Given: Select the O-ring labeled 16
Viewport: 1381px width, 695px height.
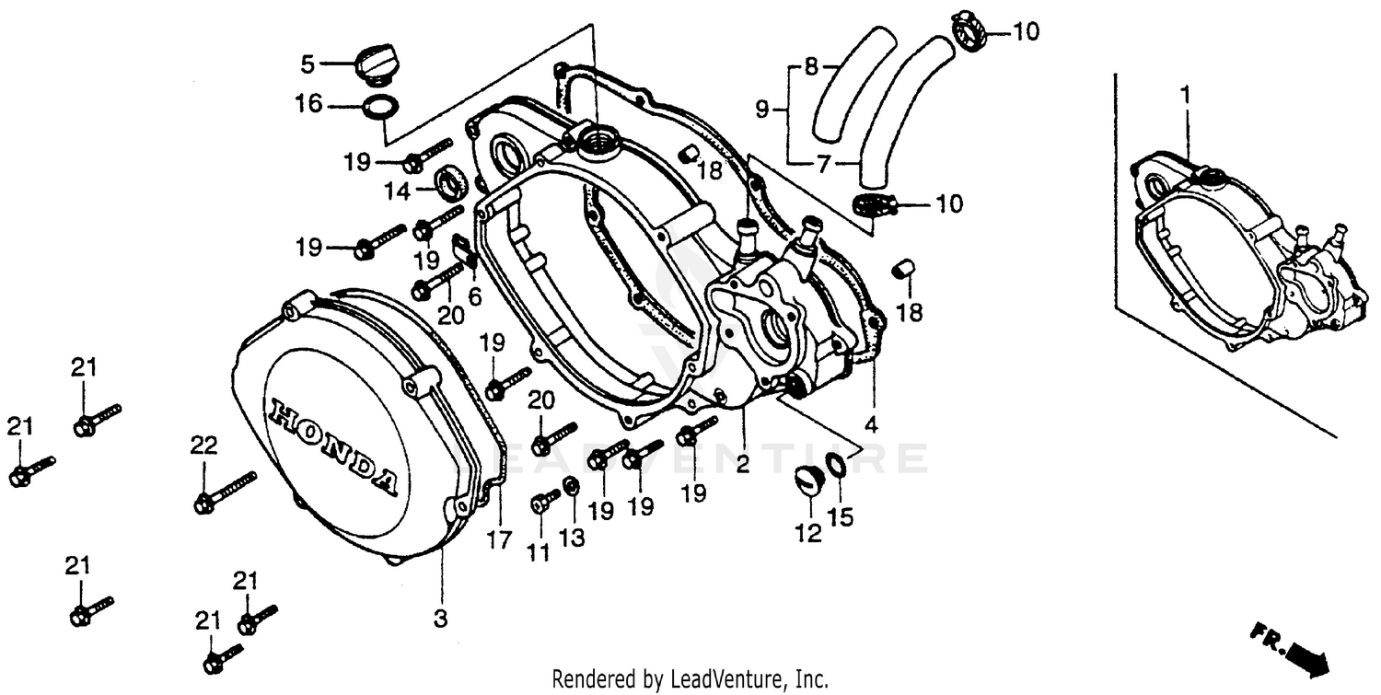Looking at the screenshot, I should [381, 108].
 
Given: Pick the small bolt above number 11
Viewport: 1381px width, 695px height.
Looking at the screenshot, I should [544, 502].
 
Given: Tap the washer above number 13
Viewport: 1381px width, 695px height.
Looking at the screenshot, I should [572, 486].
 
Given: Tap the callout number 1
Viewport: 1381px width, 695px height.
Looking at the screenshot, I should [1186, 95].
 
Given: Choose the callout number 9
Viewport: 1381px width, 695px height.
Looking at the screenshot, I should [761, 110].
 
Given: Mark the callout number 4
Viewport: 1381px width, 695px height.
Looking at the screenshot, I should [871, 425].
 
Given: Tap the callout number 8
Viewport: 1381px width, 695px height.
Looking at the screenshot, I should [810, 65].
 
